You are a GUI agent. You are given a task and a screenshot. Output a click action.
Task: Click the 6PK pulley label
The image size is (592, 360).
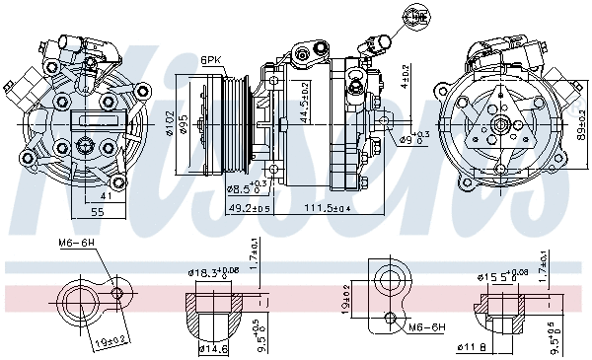[211, 59]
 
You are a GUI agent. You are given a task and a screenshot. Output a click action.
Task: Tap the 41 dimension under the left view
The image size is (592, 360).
[104, 196]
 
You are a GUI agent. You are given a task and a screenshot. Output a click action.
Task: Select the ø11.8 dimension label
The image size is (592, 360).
[471, 346]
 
